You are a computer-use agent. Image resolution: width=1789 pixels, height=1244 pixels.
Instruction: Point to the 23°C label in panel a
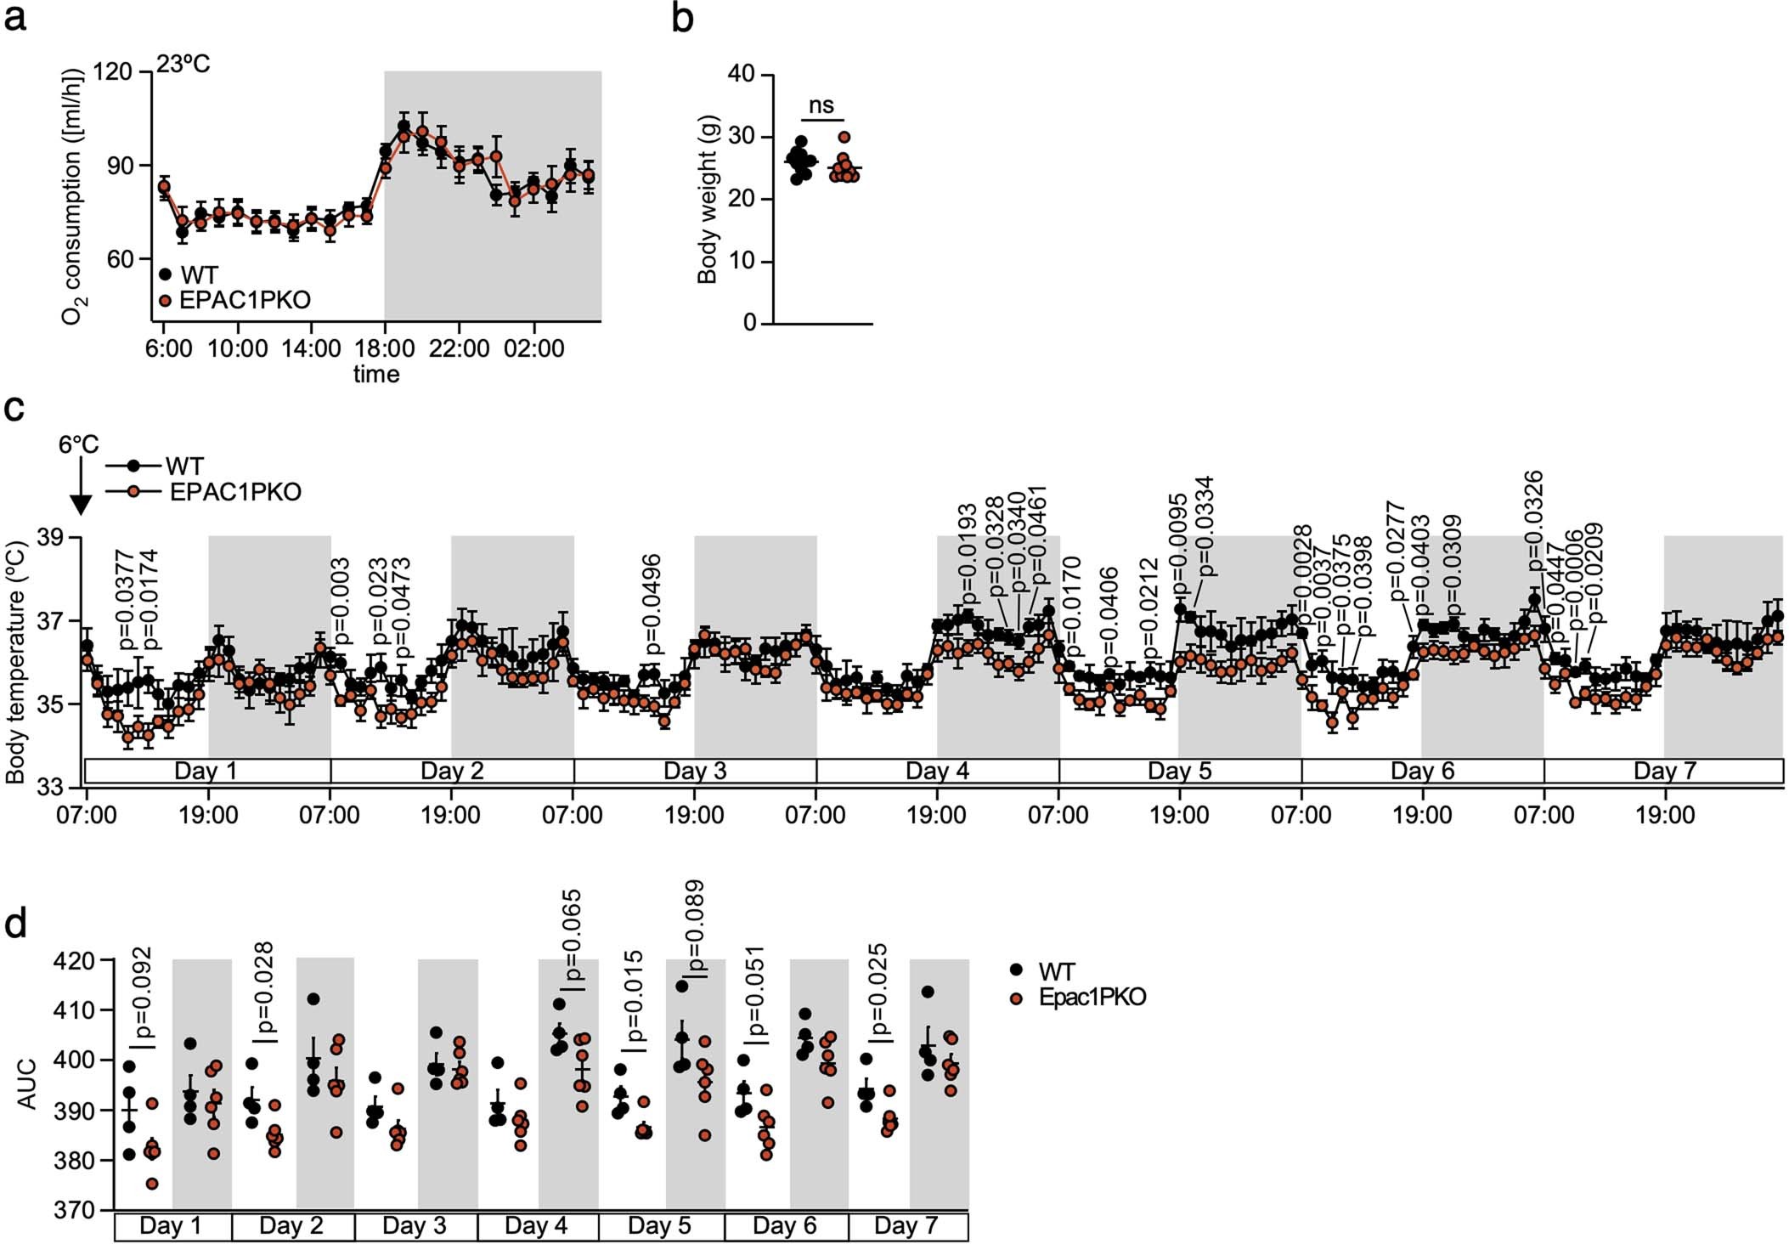pyautogui.click(x=183, y=65)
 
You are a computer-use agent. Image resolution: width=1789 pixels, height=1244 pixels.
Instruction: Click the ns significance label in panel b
pyautogui.click(x=821, y=105)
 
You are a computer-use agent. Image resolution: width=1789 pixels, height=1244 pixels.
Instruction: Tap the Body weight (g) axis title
pyautogui.click(x=708, y=199)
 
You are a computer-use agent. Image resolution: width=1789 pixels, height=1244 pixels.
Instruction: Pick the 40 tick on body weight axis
pyautogui.click(x=741, y=74)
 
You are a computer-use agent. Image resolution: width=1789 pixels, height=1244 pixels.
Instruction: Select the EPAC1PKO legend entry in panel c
pyautogui.click(x=235, y=492)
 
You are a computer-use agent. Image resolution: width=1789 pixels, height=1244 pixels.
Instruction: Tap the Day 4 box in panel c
pyautogui.click(x=937, y=772)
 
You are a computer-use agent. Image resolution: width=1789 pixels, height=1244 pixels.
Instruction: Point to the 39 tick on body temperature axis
pyautogui.click(x=54, y=538)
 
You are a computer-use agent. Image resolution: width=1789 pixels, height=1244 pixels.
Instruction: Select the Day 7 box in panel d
pyautogui.click(x=906, y=1226)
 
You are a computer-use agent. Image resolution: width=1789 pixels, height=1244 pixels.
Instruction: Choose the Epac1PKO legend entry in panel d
pyautogui.click(x=1092, y=997)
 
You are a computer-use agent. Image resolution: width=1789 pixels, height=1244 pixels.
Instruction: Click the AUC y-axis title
pyautogui.click(x=27, y=1083)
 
